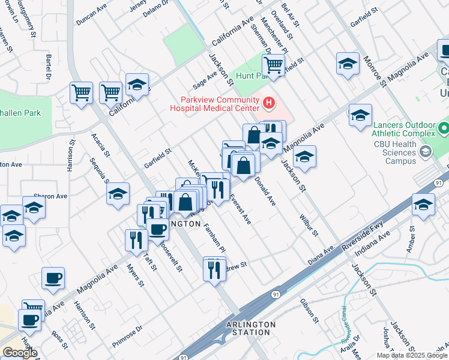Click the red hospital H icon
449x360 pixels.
[269, 104]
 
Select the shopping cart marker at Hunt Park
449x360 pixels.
[273, 65]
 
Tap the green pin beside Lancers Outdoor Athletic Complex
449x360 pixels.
[443, 128]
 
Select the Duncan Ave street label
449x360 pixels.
[91, 17]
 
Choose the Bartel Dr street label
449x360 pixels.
[48, 67]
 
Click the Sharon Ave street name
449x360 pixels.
[50, 196]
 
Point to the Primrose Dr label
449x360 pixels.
[127, 337]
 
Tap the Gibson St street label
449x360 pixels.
[309, 309]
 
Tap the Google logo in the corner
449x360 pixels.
[19, 353]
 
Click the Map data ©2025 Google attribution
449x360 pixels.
[412, 355]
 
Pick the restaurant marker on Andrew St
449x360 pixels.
[214, 270]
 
